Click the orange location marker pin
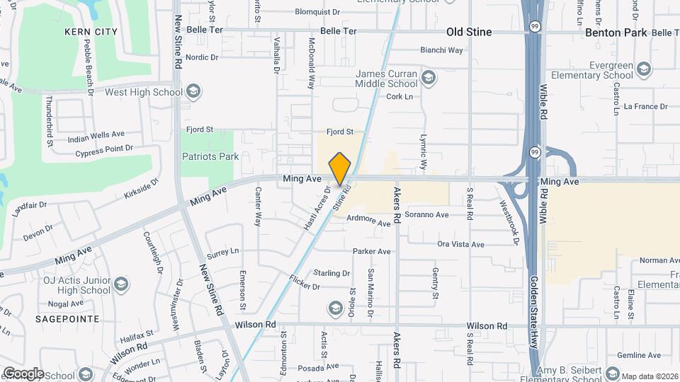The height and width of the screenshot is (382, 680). pyautogui.click(x=340, y=168)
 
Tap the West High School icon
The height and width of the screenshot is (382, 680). pyautogui.click(x=194, y=92)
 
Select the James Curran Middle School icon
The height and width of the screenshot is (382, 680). pyautogui.click(x=428, y=76)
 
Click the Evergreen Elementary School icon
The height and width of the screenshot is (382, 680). pyautogui.click(x=643, y=69)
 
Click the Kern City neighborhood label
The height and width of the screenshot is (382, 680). pyautogui.click(x=90, y=32)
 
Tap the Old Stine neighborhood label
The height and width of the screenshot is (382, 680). pyautogui.click(x=469, y=32)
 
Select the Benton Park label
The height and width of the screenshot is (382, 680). pyautogui.click(x=616, y=33)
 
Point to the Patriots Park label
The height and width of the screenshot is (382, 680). pyautogui.click(x=210, y=156)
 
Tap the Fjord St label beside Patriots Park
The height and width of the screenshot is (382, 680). pyautogui.click(x=200, y=129)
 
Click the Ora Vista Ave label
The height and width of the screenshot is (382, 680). pyautogui.click(x=460, y=244)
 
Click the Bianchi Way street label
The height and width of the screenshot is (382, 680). pyautogui.click(x=441, y=50)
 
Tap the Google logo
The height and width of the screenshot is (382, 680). pyautogui.click(x=23, y=374)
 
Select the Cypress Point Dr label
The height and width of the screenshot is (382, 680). pyautogui.click(x=104, y=149)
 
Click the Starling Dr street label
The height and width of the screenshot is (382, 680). pyautogui.click(x=331, y=273)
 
